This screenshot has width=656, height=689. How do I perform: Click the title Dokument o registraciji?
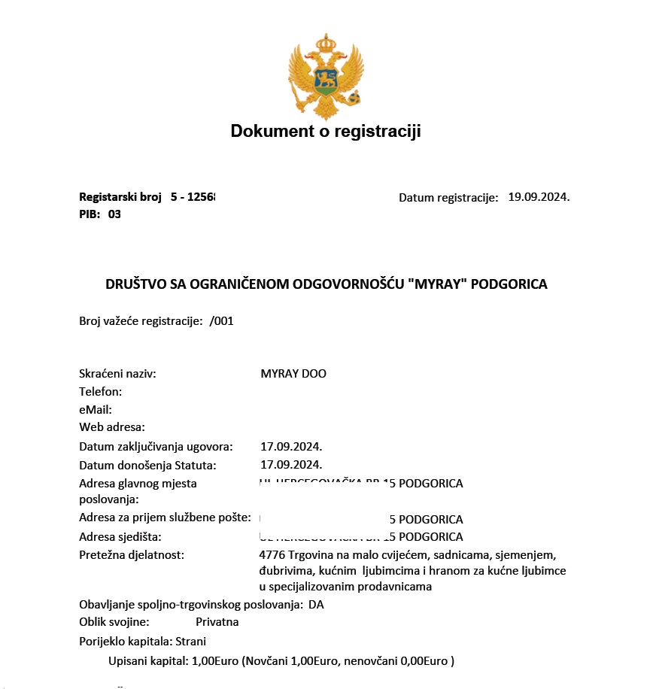pos(326,132)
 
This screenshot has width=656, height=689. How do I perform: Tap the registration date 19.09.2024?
pos(539,197)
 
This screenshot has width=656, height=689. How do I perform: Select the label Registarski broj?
pos(120,197)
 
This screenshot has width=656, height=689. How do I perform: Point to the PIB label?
pos(90,214)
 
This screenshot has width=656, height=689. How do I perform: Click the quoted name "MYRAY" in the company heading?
pos(436,284)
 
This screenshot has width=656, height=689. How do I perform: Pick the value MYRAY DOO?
pos(293,374)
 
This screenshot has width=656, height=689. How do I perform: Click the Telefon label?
pos(101,392)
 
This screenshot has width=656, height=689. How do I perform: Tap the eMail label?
pos(96,410)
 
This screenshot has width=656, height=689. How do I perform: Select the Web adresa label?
pos(112,428)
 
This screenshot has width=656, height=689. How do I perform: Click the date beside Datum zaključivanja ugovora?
pos(291,447)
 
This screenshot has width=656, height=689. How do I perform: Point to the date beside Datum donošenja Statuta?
pos(291,465)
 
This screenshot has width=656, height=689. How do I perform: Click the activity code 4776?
pos(272,555)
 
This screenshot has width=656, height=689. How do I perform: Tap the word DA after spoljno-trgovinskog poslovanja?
pos(316,605)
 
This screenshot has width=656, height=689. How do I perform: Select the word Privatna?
pos(217,622)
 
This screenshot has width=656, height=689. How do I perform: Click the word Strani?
pos(191,642)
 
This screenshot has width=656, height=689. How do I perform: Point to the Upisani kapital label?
pos(147,661)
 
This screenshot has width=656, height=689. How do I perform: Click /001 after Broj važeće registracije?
pos(222,320)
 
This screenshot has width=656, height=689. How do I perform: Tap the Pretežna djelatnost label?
pos(132,555)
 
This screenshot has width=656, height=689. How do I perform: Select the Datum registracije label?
pos(448,198)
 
